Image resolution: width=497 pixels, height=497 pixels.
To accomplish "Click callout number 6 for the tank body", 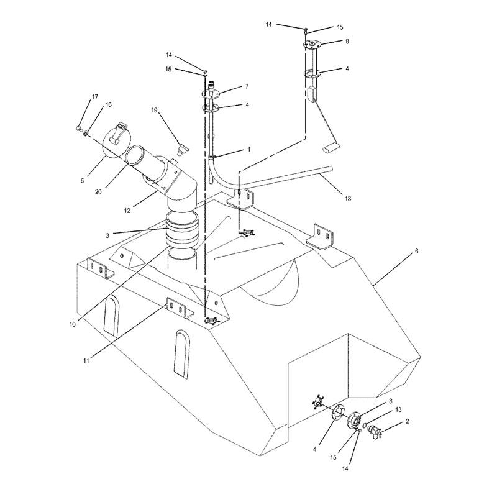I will (x=417, y=252).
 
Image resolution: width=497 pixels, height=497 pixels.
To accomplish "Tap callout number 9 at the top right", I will (x=348, y=42).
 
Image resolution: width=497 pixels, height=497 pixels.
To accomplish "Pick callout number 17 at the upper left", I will (x=95, y=97).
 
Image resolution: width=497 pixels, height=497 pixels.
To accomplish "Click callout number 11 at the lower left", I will (x=86, y=360).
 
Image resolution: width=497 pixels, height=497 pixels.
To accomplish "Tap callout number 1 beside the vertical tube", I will (x=248, y=150).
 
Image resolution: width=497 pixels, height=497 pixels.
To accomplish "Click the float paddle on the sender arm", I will (x=330, y=148).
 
